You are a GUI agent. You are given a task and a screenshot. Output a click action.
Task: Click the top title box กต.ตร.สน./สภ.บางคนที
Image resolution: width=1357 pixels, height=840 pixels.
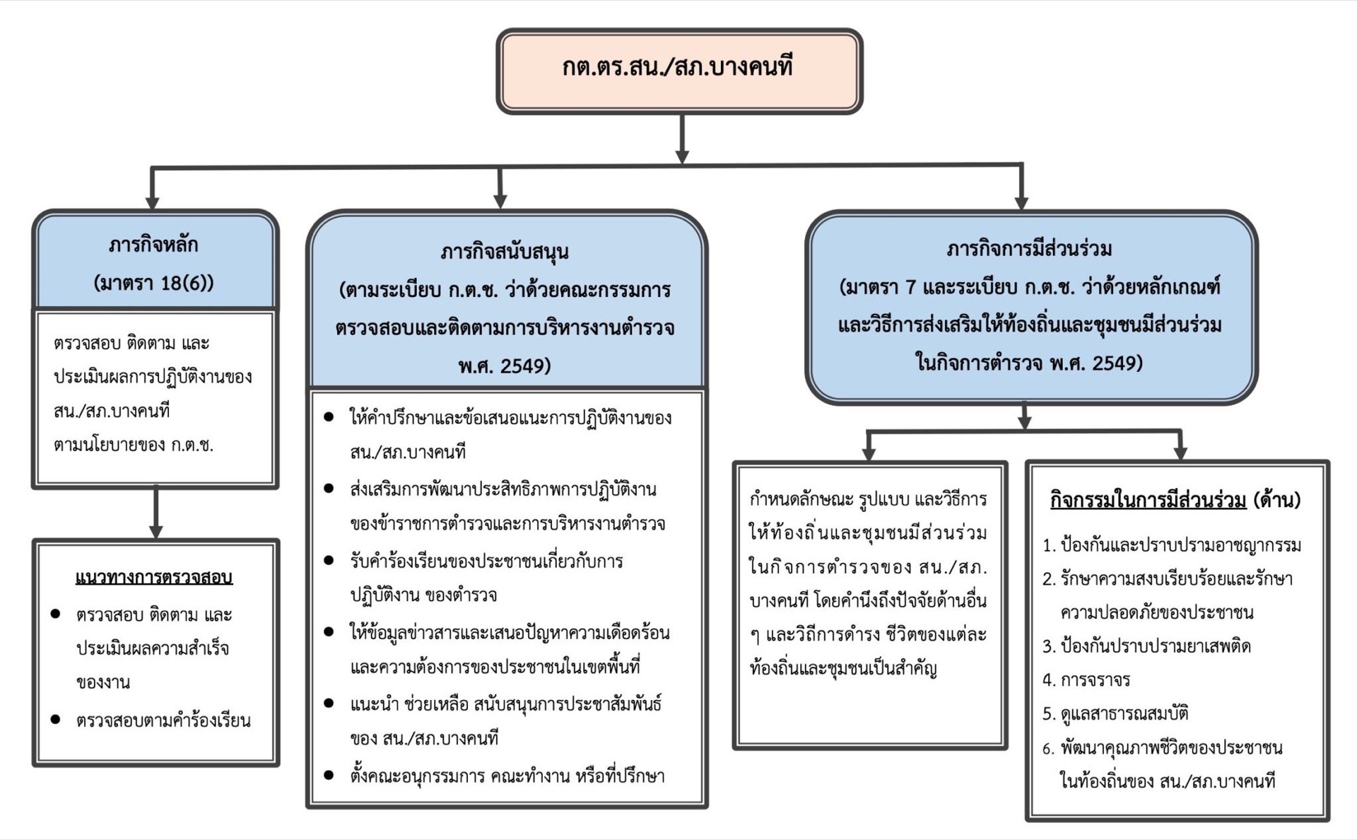(679, 69)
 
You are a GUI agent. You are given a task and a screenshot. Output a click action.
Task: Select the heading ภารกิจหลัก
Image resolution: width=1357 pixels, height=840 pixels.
(153, 245)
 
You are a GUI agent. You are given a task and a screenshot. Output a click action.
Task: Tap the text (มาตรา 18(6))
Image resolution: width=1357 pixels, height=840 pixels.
(153, 283)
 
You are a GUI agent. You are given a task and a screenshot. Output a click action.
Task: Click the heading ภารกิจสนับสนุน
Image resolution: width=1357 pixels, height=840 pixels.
(505, 252)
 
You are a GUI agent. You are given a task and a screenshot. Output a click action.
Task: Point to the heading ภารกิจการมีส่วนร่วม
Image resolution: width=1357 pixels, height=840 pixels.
(1029, 249)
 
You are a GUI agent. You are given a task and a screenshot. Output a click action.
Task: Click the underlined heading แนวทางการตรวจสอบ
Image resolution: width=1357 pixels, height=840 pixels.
(154, 577)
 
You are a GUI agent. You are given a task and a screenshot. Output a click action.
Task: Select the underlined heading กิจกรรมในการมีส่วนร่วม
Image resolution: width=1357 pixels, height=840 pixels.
(1148, 500)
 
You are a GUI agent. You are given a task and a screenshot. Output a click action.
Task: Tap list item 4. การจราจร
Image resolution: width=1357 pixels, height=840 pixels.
(1086, 679)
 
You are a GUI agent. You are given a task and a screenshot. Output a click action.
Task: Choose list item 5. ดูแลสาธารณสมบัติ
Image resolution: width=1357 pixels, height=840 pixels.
(1115, 713)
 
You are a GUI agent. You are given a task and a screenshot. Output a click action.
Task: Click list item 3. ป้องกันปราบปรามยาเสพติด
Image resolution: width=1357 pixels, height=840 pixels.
(1146, 646)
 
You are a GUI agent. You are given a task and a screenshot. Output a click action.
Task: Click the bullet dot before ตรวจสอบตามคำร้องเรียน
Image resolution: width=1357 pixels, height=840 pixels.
(56, 720)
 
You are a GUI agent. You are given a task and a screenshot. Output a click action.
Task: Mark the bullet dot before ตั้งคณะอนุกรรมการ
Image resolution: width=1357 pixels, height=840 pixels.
(329, 775)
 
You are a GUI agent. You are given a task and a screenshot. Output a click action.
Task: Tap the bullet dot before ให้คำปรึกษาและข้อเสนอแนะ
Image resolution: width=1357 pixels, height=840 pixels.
(329, 417)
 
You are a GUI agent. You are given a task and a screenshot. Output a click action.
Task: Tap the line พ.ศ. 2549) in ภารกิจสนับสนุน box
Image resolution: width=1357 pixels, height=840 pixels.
(504, 366)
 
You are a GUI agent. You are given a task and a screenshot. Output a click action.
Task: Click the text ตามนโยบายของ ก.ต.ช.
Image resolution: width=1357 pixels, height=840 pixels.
(134, 445)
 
